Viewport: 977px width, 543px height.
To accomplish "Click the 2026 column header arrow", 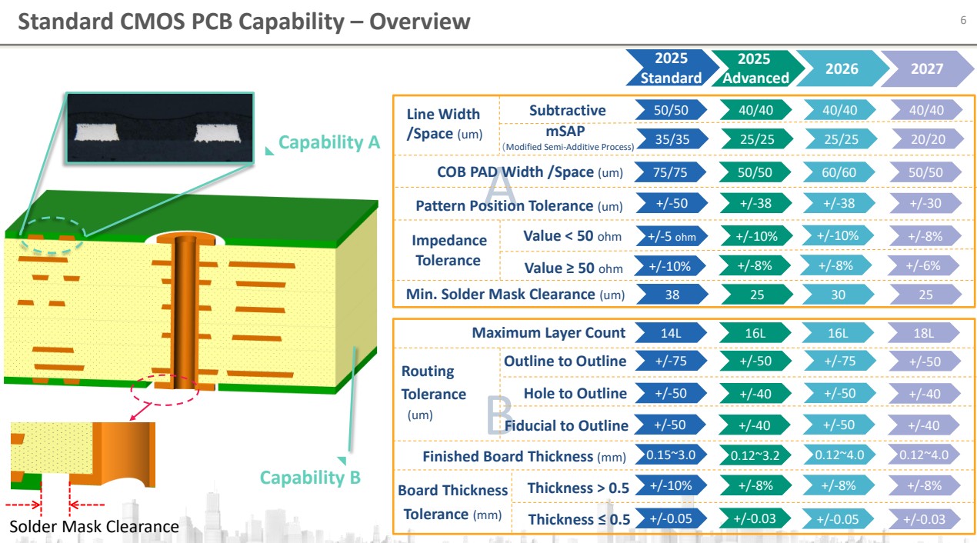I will pyautogui.click(x=841, y=68).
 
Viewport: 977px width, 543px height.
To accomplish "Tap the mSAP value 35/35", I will pyautogui.click(x=672, y=138).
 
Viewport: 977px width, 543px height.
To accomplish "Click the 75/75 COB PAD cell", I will pyautogui.click(x=672, y=172).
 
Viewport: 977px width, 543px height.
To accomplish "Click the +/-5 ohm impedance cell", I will pyautogui.click(x=672, y=236).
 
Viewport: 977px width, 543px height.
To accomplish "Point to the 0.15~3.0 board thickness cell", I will pyautogui.click(x=672, y=455).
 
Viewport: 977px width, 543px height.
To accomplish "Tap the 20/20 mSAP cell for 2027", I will pyautogui.click(x=925, y=138).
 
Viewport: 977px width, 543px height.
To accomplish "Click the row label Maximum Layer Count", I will pyautogui.click(x=549, y=333).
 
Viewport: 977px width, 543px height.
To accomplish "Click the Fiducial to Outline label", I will pyautogui.click(x=566, y=425).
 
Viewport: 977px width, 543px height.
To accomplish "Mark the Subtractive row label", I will pyautogui.click(x=567, y=111).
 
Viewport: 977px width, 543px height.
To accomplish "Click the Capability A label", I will pyautogui.click(x=329, y=142).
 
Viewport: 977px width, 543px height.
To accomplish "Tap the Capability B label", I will pyautogui.click(x=310, y=478).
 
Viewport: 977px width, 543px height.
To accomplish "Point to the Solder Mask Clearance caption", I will pyautogui.click(x=94, y=527).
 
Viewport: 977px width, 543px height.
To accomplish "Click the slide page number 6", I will pyautogui.click(x=962, y=20).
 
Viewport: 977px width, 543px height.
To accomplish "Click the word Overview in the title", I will pyautogui.click(x=420, y=22).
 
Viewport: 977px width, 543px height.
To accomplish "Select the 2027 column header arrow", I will pyautogui.click(x=926, y=68).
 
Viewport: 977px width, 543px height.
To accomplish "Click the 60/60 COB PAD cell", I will pyautogui.click(x=839, y=172).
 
